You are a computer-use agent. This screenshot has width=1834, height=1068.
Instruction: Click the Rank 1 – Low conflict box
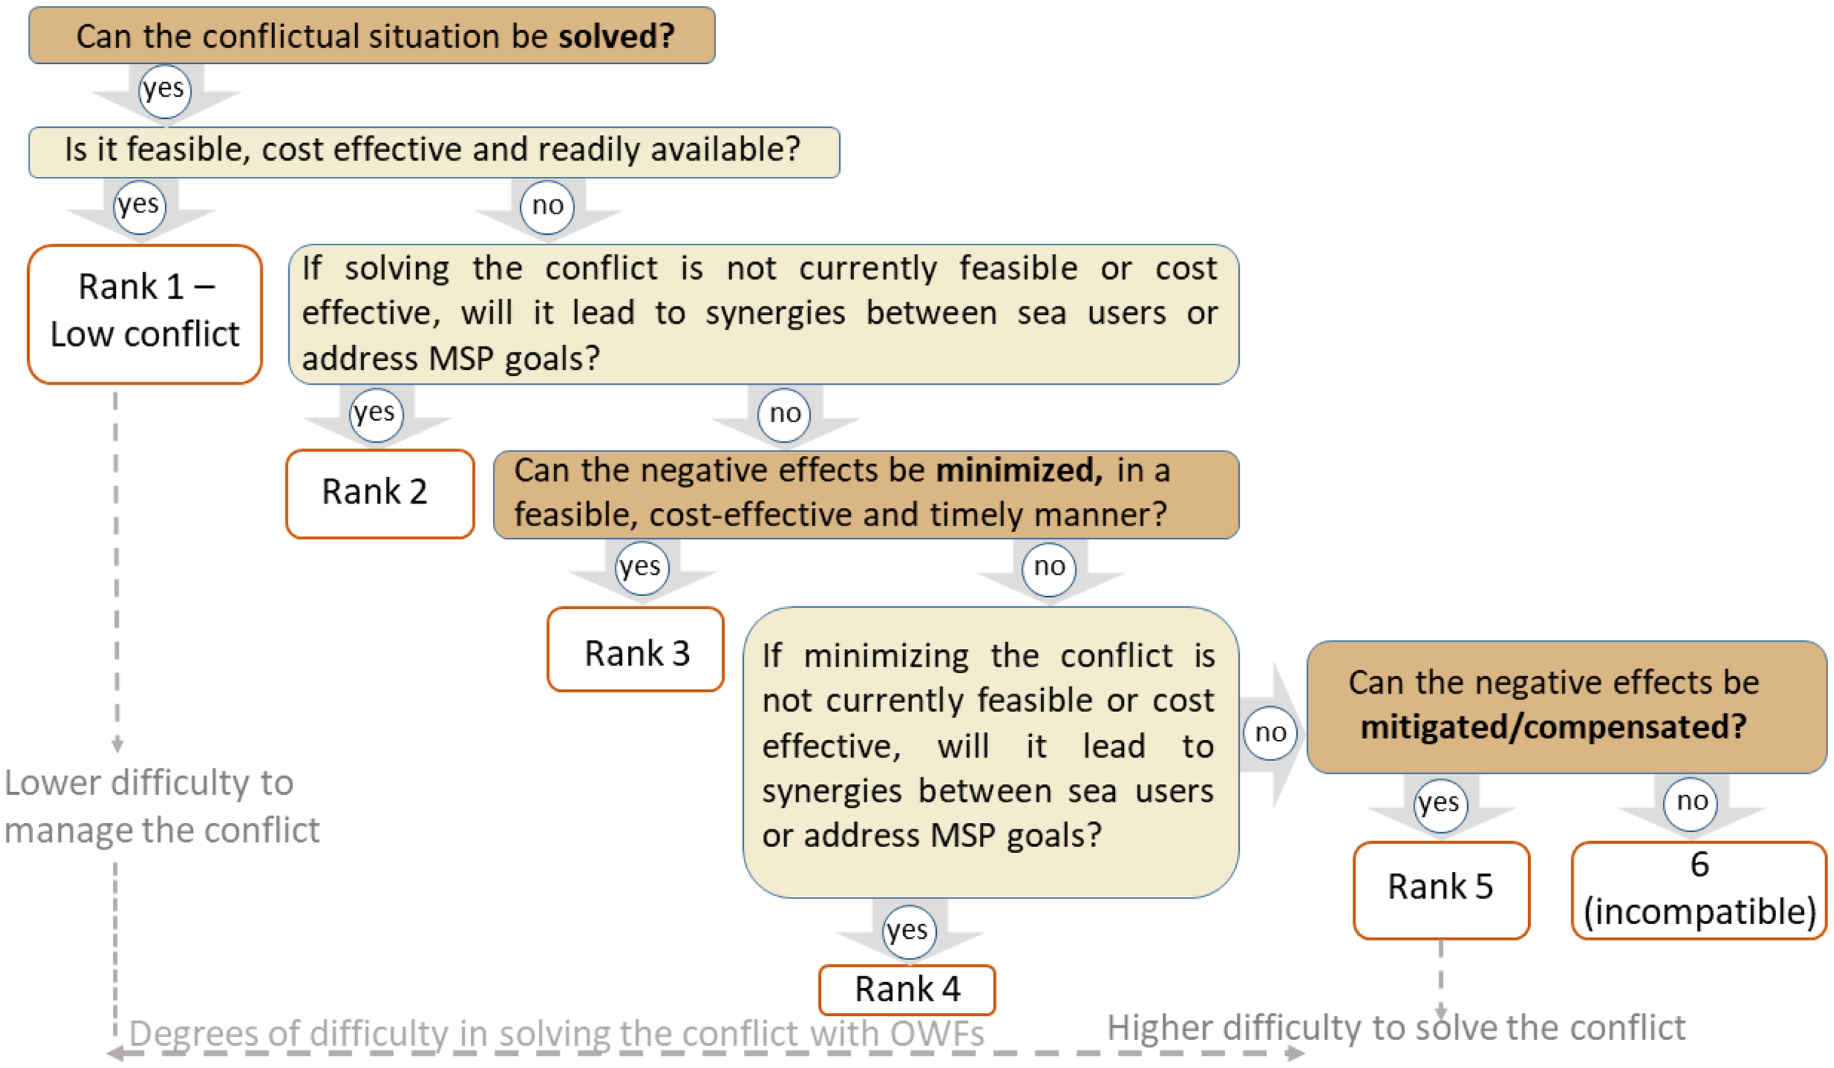pos(145,313)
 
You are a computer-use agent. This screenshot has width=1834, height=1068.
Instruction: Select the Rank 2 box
pos(379,493)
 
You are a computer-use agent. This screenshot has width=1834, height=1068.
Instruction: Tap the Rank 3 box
pos(635,650)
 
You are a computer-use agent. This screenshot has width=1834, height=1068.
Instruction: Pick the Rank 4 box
pos(907,989)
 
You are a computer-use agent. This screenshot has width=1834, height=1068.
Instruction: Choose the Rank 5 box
pos(1441,889)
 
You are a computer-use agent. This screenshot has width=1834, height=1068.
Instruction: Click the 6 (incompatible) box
pos(1698,889)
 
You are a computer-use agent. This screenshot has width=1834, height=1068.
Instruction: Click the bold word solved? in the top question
pos(615,36)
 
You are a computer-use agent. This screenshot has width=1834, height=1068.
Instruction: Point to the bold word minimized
pos(1018,471)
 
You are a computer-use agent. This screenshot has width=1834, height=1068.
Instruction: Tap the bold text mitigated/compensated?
pos(1554,727)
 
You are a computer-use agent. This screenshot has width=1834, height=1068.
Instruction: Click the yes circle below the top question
pos(164,90)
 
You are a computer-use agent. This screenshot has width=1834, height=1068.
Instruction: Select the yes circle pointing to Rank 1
pos(139,206)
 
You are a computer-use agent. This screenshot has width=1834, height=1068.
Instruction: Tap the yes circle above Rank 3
pos(641,568)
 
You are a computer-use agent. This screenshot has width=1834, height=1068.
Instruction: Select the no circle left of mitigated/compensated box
pos(1271,733)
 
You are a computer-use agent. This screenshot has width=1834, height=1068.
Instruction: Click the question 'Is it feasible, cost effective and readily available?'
pos(433,150)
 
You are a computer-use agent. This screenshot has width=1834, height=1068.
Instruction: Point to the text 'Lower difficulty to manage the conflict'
pos(161,806)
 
